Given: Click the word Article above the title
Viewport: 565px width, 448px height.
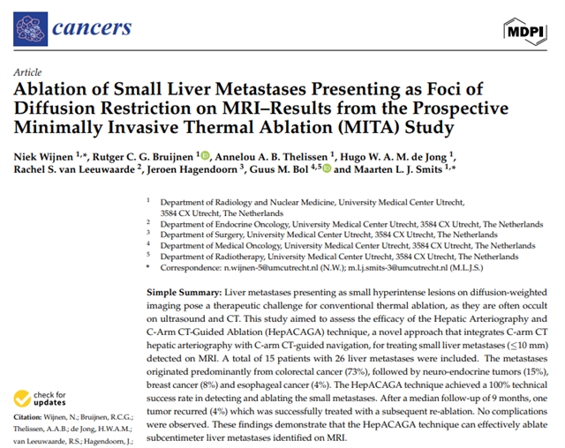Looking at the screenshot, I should [26, 73].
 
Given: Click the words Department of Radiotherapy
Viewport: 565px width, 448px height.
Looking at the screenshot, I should [209, 257].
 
